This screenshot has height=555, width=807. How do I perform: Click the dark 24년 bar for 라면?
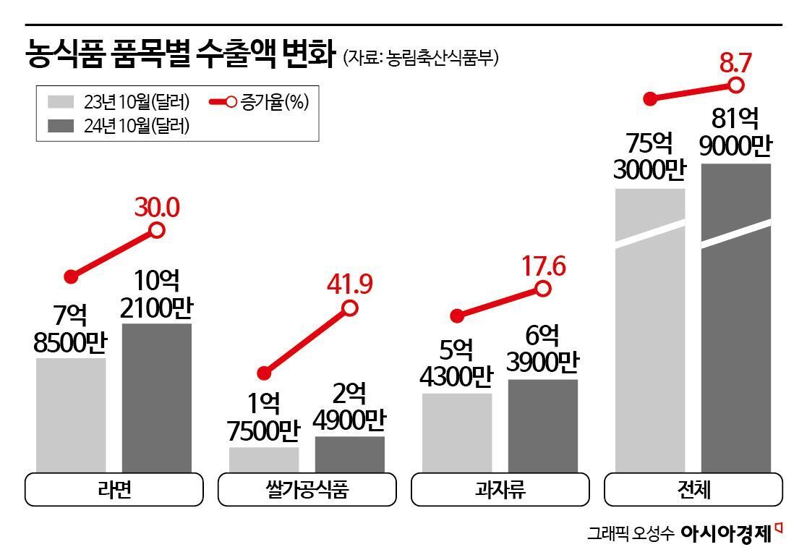[x=156, y=398]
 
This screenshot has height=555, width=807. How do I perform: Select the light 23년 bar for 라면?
[x=71, y=415]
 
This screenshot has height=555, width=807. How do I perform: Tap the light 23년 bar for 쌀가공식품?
[x=264, y=459]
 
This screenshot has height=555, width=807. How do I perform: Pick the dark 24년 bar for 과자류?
[x=542, y=425]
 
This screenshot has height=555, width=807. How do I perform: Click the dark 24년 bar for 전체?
[x=735, y=318]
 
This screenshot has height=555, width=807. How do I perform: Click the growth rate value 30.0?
[x=156, y=208]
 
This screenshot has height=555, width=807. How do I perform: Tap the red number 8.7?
[x=735, y=63]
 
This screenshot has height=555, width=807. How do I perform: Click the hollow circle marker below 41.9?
[x=350, y=308]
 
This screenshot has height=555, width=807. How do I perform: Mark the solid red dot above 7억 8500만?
[x=71, y=276]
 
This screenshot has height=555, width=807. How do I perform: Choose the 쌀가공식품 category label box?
[x=307, y=490]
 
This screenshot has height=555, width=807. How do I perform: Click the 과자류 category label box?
[x=500, y=490]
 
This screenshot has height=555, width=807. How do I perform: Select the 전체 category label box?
[x=693, y=490]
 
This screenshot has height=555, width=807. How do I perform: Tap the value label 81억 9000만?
[x=735, y=132]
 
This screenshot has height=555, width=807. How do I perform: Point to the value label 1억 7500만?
[x=264, y=418]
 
